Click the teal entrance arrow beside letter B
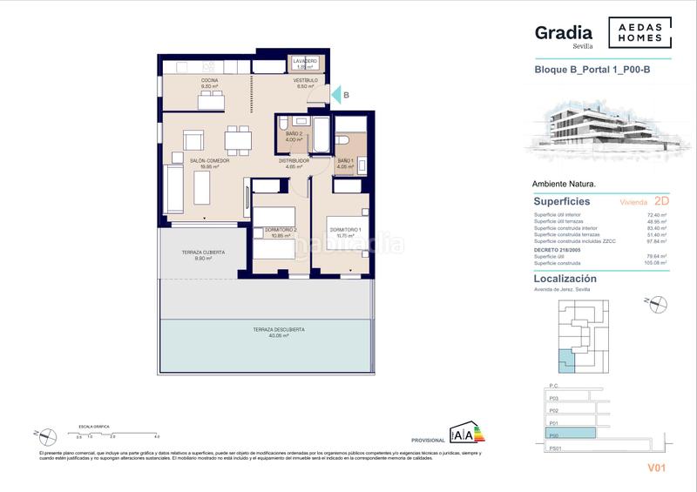pos(335,96)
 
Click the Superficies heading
pos(562,201)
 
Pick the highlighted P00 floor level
pos(571,432)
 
